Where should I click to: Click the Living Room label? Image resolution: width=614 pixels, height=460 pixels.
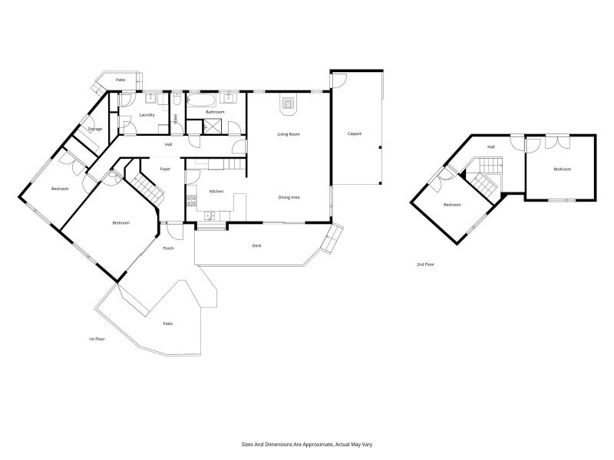(289, 134)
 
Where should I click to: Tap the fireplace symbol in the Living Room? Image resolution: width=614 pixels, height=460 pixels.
(289, 104)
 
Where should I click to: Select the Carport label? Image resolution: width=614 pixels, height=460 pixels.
(355, 134)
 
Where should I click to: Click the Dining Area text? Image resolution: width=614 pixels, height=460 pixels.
(289, 198)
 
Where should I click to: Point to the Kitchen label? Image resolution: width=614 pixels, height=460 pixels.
(216, 191)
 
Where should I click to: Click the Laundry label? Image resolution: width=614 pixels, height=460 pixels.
(147, 115)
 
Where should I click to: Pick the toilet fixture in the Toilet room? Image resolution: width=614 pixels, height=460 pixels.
(177, 100)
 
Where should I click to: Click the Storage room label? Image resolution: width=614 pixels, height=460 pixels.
(95, 129)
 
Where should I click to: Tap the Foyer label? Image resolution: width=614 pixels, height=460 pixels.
(165, 169)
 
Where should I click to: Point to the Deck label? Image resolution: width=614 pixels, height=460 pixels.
(257, 246)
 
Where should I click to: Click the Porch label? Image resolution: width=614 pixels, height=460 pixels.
(168, 248)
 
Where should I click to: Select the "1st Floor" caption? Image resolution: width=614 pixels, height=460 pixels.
(95, 338)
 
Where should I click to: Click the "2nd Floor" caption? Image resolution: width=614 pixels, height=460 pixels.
(425, 264)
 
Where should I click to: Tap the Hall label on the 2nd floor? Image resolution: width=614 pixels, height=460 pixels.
(491, 147)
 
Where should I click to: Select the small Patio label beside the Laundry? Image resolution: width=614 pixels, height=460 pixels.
(120, 80)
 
